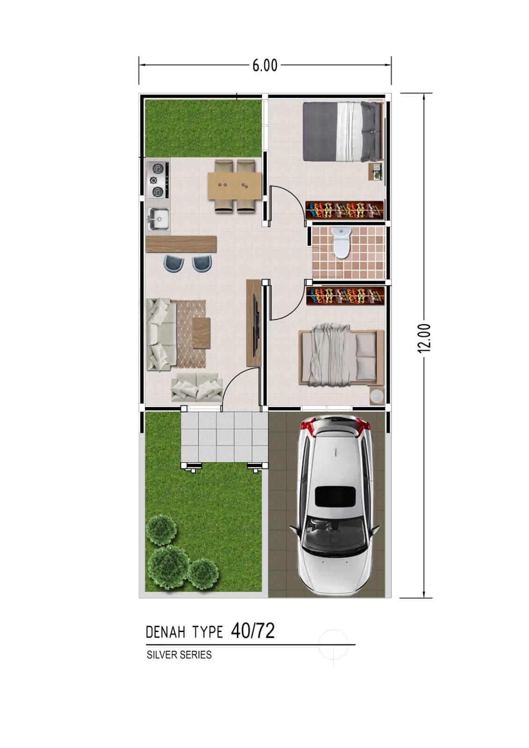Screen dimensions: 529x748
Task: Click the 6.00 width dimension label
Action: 265,66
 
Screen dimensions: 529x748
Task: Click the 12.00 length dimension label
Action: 424,338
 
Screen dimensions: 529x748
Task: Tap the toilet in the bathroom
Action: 342,243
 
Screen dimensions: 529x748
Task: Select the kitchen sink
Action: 159,219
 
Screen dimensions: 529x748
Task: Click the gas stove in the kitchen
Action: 158,180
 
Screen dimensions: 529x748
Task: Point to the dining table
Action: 235,186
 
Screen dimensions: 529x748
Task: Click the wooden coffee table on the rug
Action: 202,333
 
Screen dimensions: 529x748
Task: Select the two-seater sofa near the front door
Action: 197,387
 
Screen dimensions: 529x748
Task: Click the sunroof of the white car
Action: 335,496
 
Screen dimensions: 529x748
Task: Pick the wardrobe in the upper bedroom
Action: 345,210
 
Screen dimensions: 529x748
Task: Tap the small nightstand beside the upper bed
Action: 376,172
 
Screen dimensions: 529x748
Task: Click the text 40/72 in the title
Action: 253,632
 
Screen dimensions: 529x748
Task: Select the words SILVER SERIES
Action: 179,655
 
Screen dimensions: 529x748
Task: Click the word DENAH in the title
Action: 166,633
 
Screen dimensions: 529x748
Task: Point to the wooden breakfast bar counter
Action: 181,245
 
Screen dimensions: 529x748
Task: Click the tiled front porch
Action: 225,437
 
